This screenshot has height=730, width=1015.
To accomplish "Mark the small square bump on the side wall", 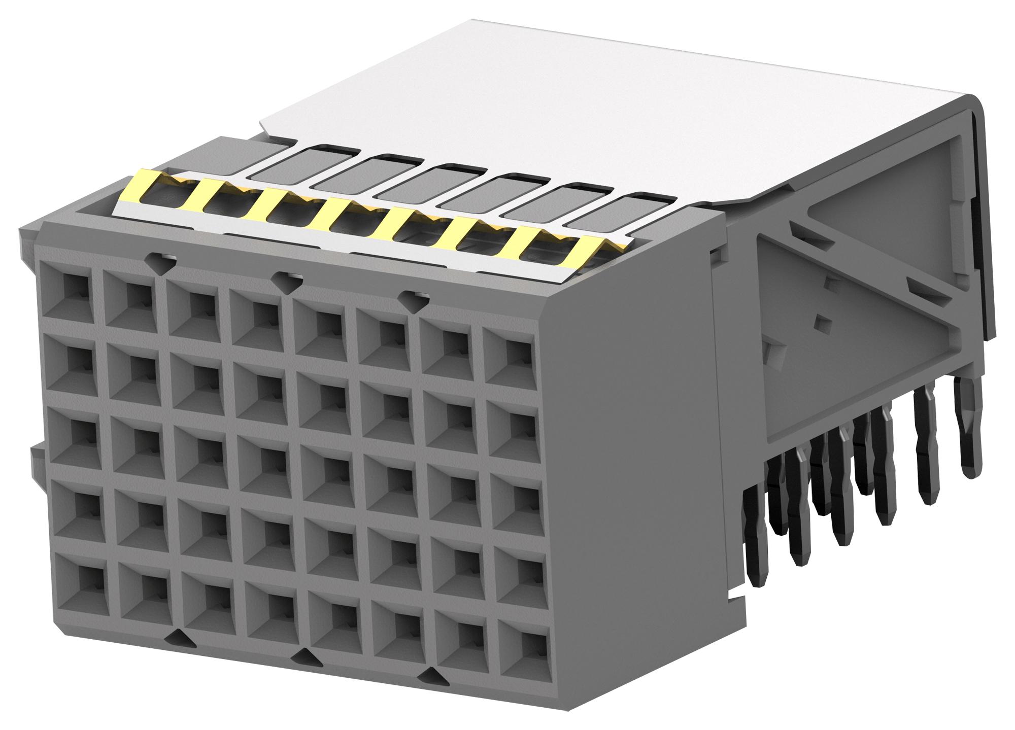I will point(821,321).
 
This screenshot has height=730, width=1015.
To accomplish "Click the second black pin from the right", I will point(928,451).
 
